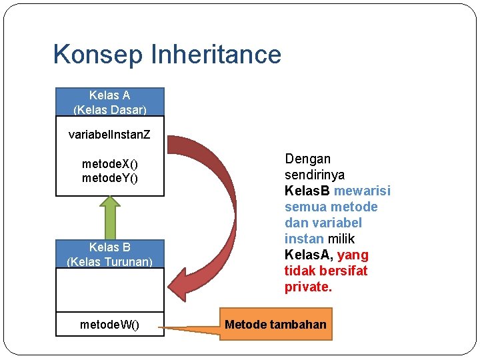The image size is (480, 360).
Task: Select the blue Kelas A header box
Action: [x=109, y=102]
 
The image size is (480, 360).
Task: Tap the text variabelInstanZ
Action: [x=109, y=135]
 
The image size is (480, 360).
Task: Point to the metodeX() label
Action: [x=109, y=163]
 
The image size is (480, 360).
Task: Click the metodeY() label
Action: [x=109, y=178]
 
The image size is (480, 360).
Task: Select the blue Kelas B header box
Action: [x=109, y=254]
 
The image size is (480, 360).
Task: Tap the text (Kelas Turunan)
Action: [x=109, y=262]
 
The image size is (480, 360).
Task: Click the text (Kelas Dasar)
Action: [x=109, y=109]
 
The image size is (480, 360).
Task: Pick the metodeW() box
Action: [x=109, y=325]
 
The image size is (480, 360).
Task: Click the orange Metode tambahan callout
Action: [x=275, y=325]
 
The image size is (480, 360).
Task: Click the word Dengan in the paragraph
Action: [x=307, y=159]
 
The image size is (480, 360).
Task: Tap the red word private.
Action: [x=307, y=287]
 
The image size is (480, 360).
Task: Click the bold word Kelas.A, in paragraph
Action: [x=309, y=255]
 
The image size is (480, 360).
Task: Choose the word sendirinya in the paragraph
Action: [x=315, y=175]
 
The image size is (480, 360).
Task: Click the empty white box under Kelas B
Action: [x=109, y=289]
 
